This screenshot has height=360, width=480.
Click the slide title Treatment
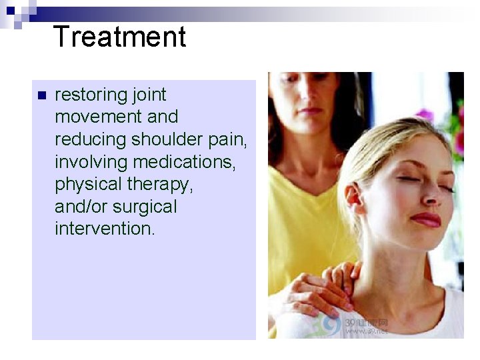tap(119, 37)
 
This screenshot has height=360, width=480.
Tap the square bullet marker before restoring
tap(41, 95)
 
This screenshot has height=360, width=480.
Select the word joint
tap(150, 95)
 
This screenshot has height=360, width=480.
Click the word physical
tap(89, 185)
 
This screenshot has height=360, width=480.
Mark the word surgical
tap(144, 207)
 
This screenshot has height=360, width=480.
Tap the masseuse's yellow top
tap(300, 220)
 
